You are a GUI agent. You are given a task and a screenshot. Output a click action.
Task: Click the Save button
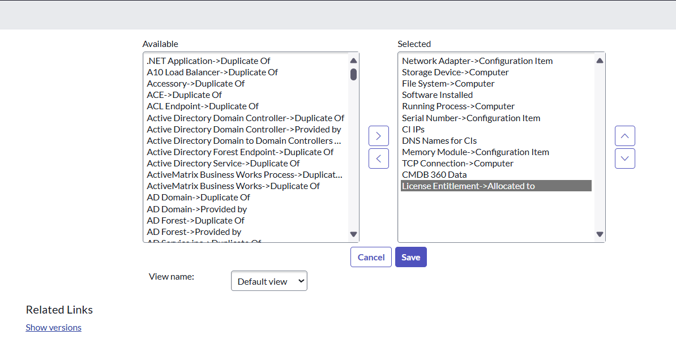coord(411,257)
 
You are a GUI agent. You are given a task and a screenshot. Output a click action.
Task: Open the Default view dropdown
coord(269,281)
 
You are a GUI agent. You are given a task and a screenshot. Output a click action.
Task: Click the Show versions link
coord(53,328)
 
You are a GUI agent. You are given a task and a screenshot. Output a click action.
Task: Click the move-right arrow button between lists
coord(379,136)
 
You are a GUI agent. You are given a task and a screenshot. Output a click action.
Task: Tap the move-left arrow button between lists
coord(379,158)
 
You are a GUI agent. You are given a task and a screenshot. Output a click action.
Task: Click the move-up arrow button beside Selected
coord(624,136)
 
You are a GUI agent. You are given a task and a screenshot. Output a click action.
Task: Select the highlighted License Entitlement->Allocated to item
coord(468,186)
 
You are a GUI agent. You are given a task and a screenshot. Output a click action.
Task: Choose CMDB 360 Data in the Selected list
coord(434,174)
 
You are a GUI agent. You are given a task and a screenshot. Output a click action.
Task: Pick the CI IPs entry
coord(413,130)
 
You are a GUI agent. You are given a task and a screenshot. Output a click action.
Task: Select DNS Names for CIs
coord(439,140)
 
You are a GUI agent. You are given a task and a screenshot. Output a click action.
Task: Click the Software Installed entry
coord(437,95)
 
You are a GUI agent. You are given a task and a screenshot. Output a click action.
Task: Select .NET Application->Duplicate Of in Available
coord(209,61)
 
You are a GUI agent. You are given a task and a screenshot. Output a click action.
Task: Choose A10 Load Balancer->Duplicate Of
coord(212,72)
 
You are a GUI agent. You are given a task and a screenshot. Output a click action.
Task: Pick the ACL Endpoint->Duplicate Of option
coord(203,106)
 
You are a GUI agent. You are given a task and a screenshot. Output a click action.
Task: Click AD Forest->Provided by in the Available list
coord(194,232)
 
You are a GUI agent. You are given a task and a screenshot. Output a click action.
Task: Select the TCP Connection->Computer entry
coord(457,164)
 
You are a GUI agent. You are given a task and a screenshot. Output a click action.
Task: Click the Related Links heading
coord(59,310)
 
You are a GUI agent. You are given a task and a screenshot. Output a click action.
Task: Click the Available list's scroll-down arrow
coord(353,234)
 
